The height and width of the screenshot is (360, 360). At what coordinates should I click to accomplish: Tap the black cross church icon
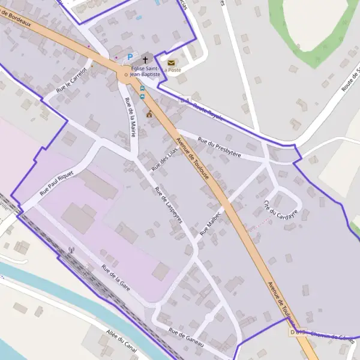pos(145,60)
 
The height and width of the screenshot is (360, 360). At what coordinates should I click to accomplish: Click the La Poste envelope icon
pos(171,62)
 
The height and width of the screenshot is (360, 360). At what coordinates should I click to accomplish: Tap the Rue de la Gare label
pos(116,278)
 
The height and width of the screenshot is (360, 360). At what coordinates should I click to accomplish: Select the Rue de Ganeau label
pos(187,337)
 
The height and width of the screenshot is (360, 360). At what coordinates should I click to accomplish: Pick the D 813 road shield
pos(297,332)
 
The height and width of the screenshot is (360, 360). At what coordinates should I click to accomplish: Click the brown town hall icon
pos(149,114)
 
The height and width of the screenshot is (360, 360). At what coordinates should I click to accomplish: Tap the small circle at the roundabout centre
pos(125,76)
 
